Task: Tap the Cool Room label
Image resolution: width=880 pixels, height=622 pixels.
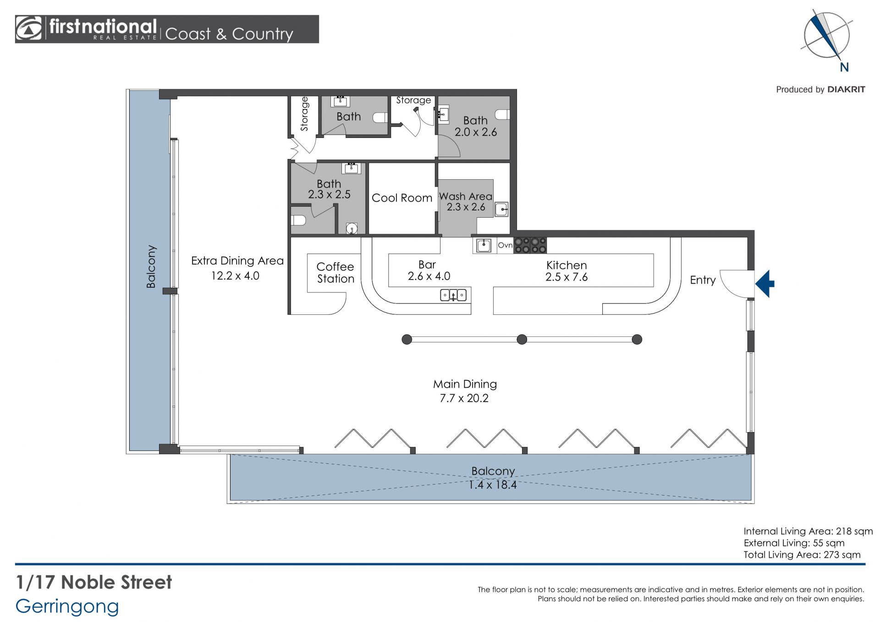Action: pos(402,198)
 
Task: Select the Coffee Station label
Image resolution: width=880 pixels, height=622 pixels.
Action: pos(335,273)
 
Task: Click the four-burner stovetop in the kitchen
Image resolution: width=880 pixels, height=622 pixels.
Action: pos(530,245)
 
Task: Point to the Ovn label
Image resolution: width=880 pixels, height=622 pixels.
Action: pos(505,245)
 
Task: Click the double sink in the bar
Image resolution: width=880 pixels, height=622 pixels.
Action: pos(453,295)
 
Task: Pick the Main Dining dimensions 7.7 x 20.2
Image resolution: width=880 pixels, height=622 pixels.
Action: pos(464,398)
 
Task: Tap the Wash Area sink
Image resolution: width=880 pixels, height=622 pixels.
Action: pos(501,209)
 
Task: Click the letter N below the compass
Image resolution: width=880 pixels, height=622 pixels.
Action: pos(844,67)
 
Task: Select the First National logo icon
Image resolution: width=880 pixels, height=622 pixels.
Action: pos(29,29)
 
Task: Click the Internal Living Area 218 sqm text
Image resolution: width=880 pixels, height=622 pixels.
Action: pos(808,531)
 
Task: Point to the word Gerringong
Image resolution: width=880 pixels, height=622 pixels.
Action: pos(67,607)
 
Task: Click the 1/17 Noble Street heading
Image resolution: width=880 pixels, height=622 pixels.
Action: pos(94,582)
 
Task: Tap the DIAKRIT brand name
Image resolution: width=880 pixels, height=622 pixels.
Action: pos(846,89)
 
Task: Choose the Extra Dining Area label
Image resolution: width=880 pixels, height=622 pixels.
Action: pos(237,261)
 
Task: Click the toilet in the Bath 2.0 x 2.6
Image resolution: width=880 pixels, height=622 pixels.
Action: pos(503,114)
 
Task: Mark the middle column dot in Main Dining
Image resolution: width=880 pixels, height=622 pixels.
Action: pos(522,340)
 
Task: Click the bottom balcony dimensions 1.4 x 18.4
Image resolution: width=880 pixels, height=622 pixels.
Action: pos(493,485)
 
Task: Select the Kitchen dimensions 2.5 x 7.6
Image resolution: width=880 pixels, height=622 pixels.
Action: pos(566,277)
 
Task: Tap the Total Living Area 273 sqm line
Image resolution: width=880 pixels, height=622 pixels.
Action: pos(802,555)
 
